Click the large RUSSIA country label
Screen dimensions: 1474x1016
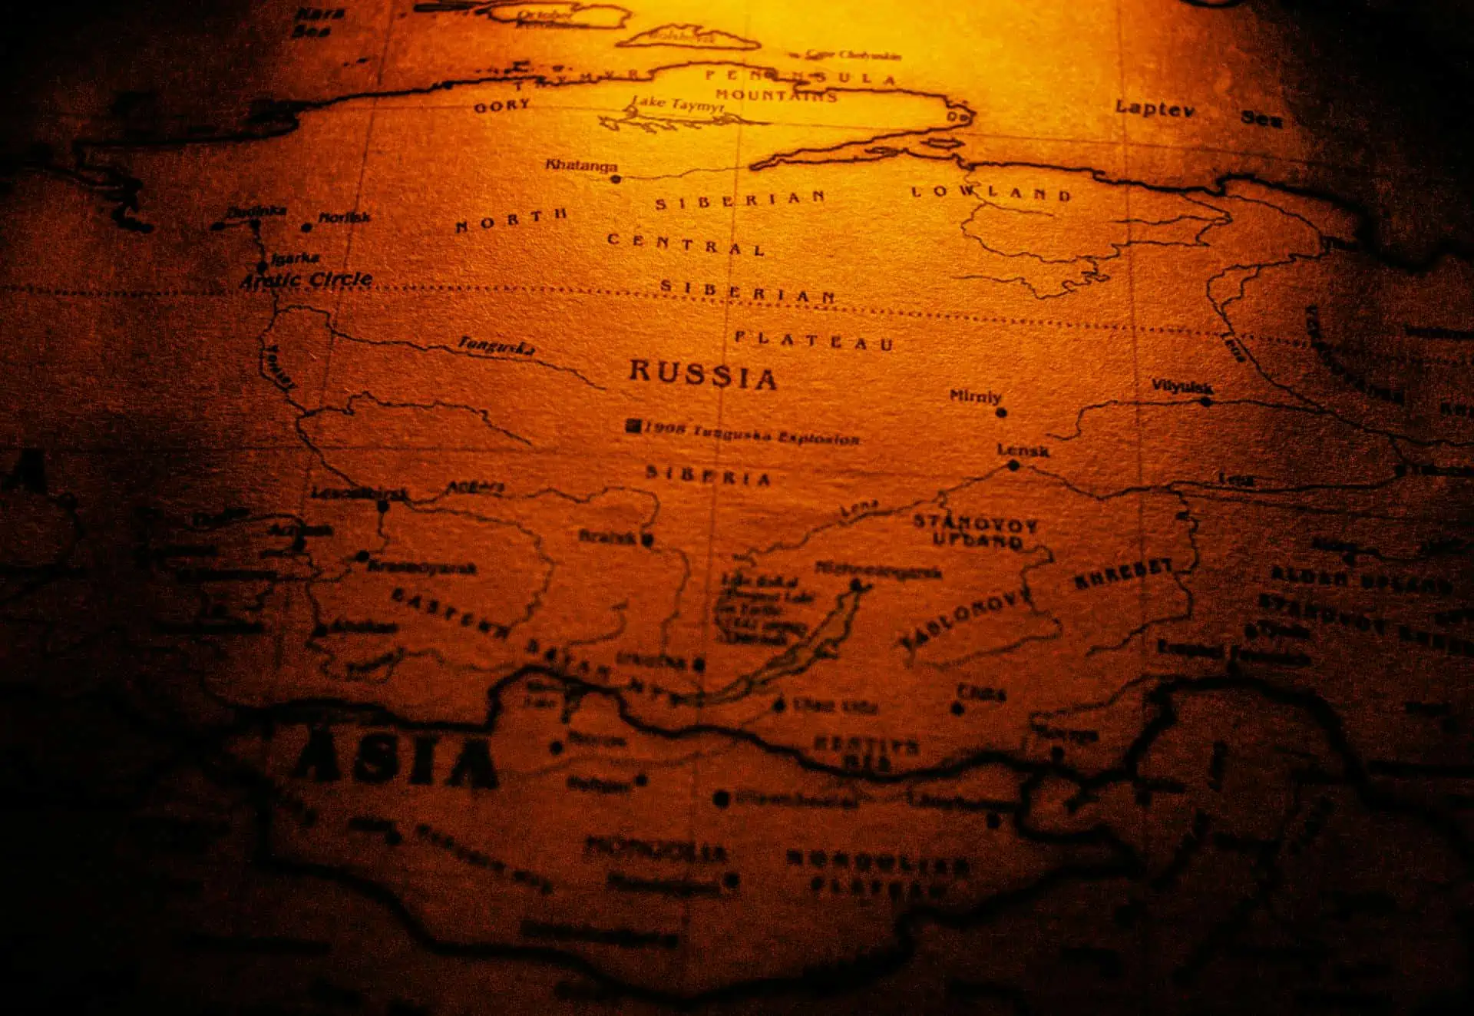702,375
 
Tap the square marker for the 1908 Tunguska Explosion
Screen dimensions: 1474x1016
633,426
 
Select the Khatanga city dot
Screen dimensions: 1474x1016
615,179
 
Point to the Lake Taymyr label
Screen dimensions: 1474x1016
677,104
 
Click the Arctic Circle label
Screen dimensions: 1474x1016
307,280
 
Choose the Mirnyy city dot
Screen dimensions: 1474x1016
1001,412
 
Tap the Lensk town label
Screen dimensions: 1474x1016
1023,450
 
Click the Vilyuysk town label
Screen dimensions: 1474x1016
1182,387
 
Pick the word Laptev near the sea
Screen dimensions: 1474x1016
1155,108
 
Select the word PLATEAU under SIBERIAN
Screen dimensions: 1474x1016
814,340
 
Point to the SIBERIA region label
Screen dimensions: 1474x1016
708,476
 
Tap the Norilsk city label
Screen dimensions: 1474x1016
345,218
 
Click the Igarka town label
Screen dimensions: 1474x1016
296,259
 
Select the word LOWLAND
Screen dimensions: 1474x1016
990,193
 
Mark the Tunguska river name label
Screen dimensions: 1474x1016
496,346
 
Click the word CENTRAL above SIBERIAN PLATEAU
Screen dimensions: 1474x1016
686,244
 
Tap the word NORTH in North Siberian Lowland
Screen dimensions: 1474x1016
511,220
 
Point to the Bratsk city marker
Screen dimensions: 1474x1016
647,540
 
